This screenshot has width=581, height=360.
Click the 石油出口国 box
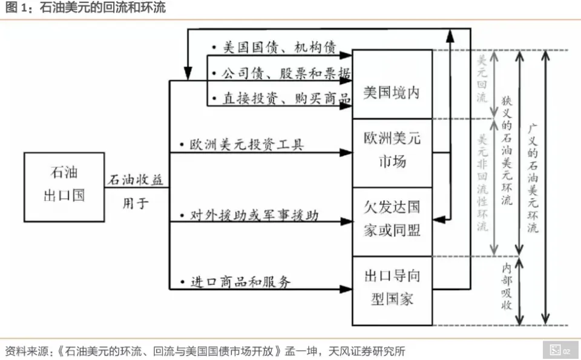coord(64,187)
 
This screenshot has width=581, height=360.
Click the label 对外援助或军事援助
coord(254,215)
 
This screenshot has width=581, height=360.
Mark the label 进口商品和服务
coord(240,282)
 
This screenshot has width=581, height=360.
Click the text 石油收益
coord(136,180)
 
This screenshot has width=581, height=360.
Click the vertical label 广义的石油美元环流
coord(533,179)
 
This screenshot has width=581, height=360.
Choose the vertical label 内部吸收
coord(507,287)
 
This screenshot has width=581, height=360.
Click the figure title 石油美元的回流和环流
coord(102,8)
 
